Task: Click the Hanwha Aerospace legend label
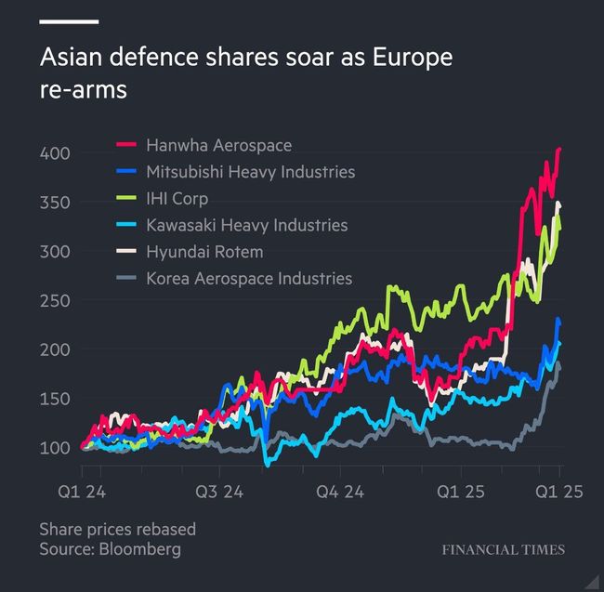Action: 218,145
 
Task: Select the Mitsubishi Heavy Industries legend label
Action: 250,172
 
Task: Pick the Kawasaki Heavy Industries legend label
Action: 246,225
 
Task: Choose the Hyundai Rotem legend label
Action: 204,252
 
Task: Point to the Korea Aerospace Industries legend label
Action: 249,278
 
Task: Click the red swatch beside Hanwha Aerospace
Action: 127,145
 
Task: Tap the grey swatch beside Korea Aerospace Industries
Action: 127,278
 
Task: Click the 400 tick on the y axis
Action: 54,152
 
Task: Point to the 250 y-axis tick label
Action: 54,300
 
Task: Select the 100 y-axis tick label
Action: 54,448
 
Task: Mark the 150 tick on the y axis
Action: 54,399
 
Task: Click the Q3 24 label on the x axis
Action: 220,493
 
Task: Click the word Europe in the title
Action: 412,59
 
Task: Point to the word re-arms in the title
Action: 83,91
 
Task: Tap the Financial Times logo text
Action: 503,549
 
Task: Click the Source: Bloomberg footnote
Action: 110,549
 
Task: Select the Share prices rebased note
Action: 118,530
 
